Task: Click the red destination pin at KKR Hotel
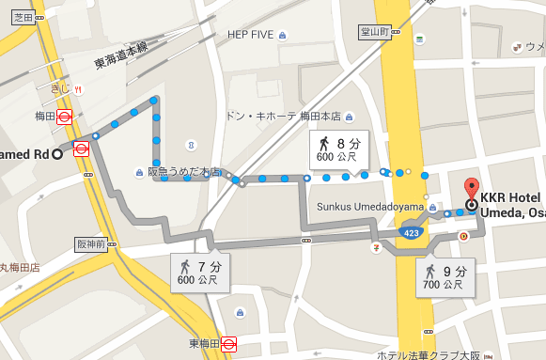tap(472, 185)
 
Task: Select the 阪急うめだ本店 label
tap(184, 172)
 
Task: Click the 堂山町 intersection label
tap(375, 31)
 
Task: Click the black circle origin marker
tap(57, 154)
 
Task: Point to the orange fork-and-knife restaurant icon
tap(78, 89)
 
